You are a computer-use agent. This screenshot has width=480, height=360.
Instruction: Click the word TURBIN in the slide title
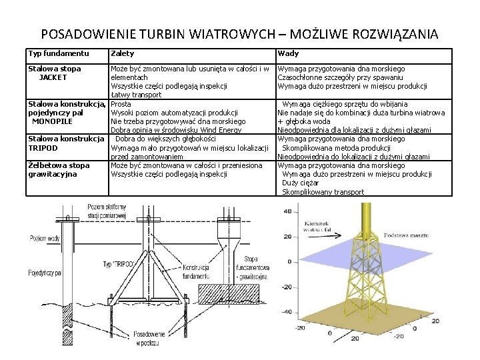[x=171, y=33]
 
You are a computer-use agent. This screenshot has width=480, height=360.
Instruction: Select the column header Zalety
[x=123, y=53]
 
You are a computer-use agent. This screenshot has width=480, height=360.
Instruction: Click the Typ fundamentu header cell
[x=59, y=53]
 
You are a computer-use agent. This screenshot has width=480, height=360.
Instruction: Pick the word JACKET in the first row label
[x=53, y=77]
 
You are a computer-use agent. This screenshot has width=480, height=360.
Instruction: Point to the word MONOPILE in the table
[x=52, y=121]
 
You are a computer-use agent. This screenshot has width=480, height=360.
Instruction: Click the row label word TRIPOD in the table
[x=43, y=147]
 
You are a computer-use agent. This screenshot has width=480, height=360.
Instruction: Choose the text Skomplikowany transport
[x=323, y=192]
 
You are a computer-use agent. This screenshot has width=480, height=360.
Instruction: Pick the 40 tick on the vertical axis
[x=287, y=211]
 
